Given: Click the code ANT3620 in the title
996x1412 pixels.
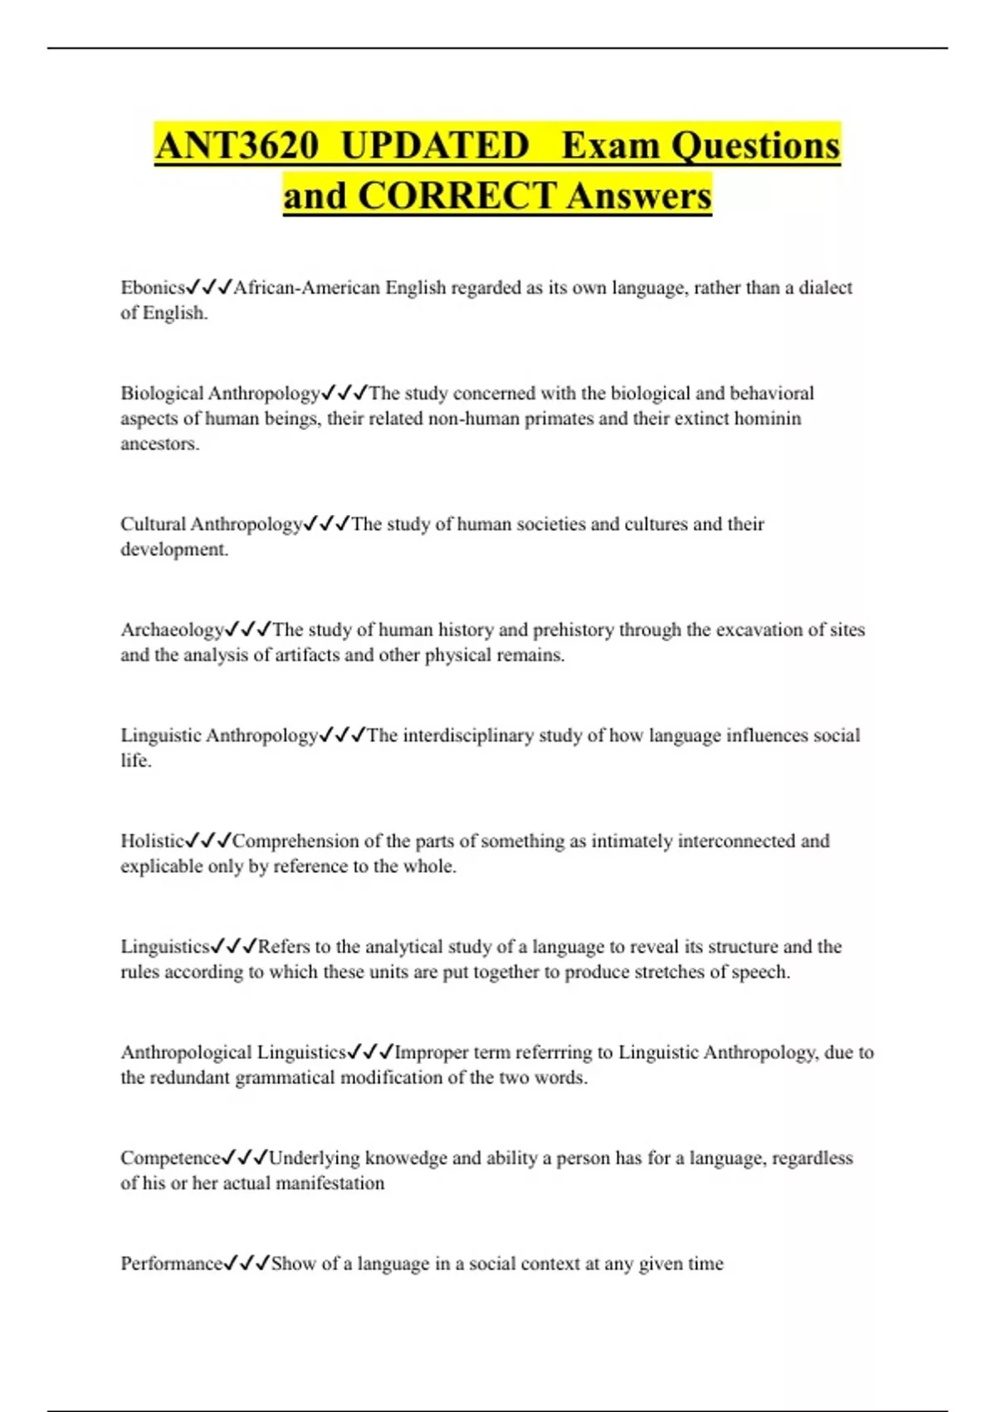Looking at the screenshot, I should pyautogui.click(x=237, y=145).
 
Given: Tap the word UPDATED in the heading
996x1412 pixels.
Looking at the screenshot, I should pyautogui.click(x=435, y=145).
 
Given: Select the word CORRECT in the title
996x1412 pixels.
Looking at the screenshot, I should pyautogui.click(x=457, y=196).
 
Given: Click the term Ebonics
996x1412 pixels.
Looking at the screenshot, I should pyautogui.click(x=153, y=287).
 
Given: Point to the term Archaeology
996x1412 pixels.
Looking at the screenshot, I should pyautogui.click(x=173, y=630).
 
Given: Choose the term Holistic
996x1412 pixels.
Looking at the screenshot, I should pyautogui.click(x=153, y=841).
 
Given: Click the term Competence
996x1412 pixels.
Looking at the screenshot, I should pyautogui.click(x=171, y=1158).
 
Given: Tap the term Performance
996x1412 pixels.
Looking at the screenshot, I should pyautogui.click(x=172, y=1263).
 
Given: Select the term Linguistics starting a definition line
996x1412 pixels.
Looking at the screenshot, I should pyautogui.click(x=165, y=946).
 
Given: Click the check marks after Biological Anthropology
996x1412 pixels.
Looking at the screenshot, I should pyautogui.click(x=344, y=392).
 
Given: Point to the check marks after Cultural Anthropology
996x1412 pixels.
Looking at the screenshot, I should pyautogui.click(x=326, y=524).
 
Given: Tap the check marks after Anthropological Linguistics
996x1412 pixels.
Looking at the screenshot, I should pyautogui.click(x=370, y=1052).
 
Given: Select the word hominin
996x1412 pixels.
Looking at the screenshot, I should pyautogui.click(x=769, y=418).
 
